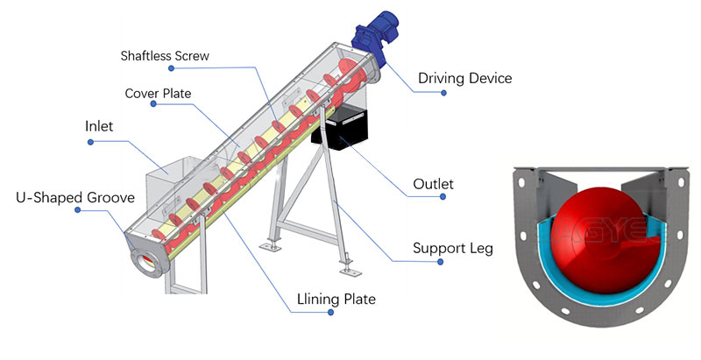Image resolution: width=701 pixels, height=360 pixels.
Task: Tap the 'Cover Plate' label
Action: (158, 93)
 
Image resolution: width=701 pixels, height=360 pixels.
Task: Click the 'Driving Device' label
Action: (464, 79)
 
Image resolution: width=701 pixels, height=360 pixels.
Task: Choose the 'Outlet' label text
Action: (432, 185)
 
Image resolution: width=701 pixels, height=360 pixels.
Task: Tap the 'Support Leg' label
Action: (452, 248)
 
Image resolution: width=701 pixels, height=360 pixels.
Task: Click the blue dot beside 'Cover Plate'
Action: (154, 105)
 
